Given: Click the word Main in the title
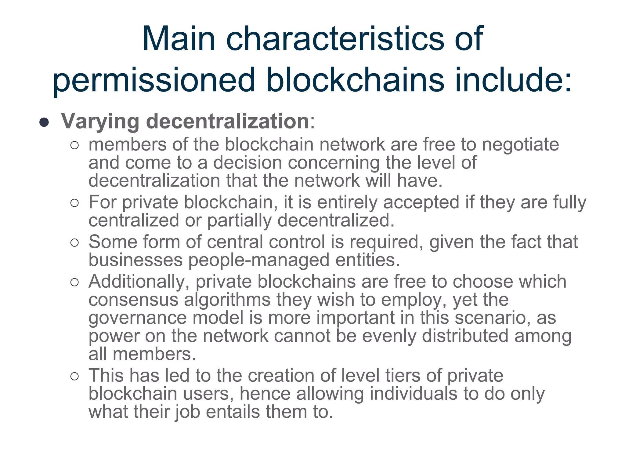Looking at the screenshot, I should tap(179, 39).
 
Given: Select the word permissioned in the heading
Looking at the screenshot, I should tap(154, 80).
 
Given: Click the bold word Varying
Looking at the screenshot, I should tap(100, 122).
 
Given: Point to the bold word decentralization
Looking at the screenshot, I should tap(228, 121).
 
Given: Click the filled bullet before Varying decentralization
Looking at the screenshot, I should tap(44, 122).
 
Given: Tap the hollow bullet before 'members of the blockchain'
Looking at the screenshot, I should tap(74, 145).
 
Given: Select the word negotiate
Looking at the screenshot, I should tap(520, 145).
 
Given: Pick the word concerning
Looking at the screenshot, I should tap(334, 163).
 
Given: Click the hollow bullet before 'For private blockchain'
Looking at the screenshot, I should tap(74, 203).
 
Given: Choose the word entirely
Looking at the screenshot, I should tap(347, 203).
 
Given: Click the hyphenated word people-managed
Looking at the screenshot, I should tap(259, 260).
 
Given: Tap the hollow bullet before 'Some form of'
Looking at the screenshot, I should tap(74, 243).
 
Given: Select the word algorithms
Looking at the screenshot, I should tap(227, 300).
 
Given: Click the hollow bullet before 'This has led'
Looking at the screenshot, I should tap(74, 376).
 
